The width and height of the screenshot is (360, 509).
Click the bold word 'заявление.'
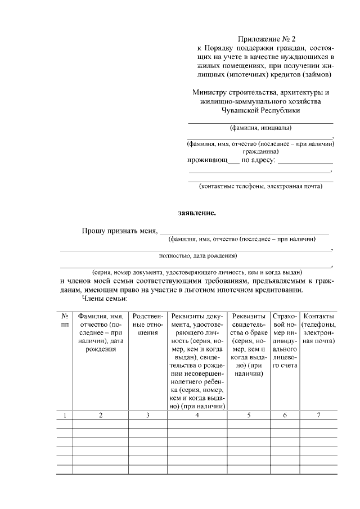click(x=197, y=213)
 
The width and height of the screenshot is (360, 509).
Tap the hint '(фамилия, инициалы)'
click(x=260, y=128)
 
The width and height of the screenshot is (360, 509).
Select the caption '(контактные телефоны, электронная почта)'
click(x=260, y=186)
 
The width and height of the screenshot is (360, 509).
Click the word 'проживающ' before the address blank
click(x=206, y=160)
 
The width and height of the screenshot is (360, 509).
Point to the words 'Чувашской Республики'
click(x=260, y=111)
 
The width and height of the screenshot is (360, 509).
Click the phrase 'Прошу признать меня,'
click(x=119, y=231)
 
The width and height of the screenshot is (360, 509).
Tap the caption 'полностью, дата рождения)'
click(x=197, y=256)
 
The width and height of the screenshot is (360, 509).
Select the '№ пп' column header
click(x=65, y=321)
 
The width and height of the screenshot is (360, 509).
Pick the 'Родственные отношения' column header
click(x=148, y=325)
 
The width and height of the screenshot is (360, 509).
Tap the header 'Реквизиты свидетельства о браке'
click(x=249, y=345)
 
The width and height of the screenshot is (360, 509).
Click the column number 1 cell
click(x=65, y=415)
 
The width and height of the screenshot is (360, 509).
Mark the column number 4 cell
click(x=197, y=415)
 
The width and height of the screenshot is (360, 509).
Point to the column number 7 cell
click(x=318, y=415)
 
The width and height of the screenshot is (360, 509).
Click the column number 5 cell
click(x=249, y=415)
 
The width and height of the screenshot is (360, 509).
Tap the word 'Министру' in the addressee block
click(x=208, y=92)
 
